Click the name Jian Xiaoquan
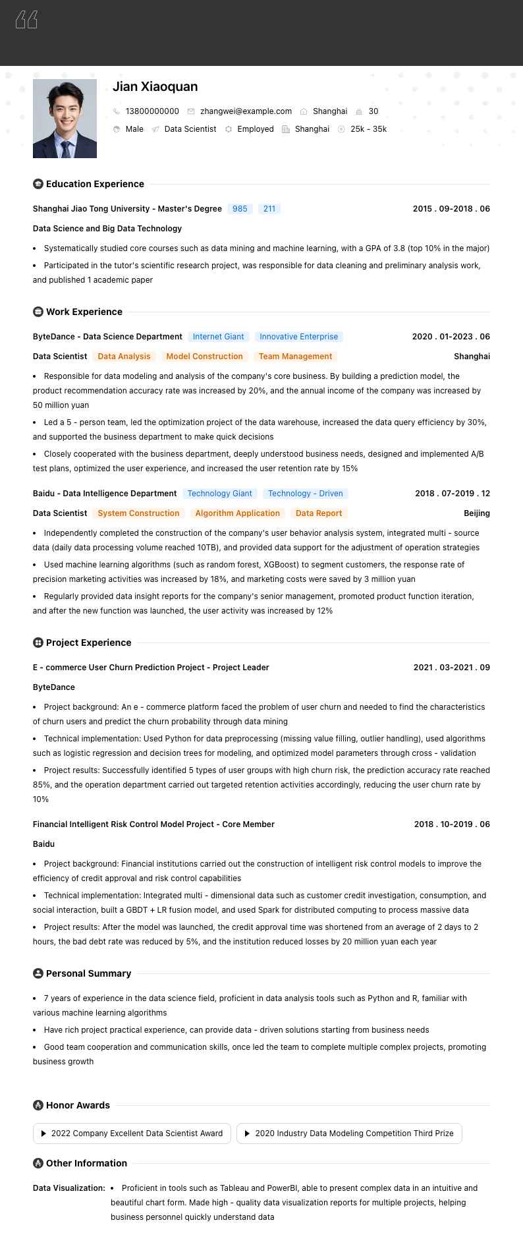point(155,86)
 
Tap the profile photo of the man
point(65,119)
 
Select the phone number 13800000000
point(152,111)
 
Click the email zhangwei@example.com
point(246,111)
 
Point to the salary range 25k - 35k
point(368,129)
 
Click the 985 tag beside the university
point(240,209)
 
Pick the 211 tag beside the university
point(269,209)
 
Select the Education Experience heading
point(95,184)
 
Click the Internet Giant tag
point(218,337)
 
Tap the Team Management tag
point(295,357)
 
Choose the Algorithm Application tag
point(237,513)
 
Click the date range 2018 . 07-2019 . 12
point(453,494)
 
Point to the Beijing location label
point(477,513)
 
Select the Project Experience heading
point(88,643)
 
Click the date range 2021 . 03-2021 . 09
point(452,668)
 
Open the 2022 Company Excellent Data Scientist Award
point(132,1134)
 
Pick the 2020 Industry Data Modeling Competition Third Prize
point(349,1134)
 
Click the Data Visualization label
point(69,1188)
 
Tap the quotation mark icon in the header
point(26,20)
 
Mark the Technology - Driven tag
point(305,494)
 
